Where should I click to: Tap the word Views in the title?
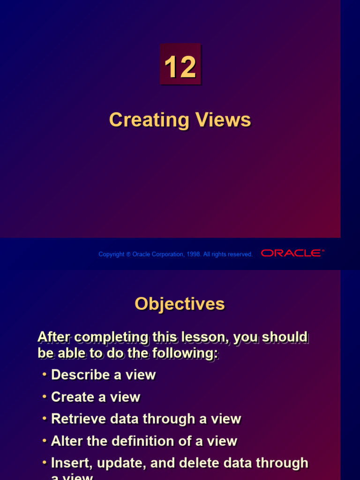click(x=221, y=120)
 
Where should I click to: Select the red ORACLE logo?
click(x=292, y=253)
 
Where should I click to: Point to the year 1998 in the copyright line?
click(x=194, y=254)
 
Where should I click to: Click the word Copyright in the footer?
click(x=112, y=254)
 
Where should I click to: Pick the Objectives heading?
click(x=180, y=304)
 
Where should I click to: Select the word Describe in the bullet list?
click(x=79, y=375)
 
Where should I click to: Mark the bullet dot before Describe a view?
click(x=44, y=375)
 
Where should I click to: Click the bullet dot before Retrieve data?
click(x=44, y=419)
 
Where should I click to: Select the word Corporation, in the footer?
click(x=164, y=254)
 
